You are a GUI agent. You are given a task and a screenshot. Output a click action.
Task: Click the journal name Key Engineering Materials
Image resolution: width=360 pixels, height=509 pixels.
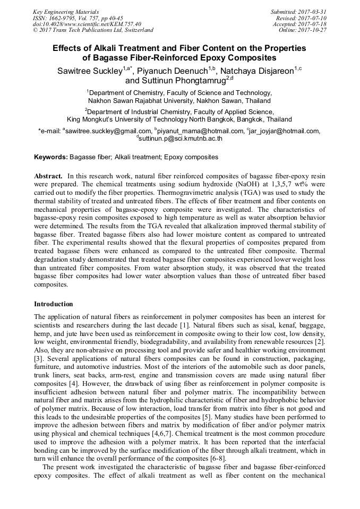[66, 12]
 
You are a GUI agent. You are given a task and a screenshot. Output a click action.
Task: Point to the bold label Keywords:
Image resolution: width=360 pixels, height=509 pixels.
[51, 157]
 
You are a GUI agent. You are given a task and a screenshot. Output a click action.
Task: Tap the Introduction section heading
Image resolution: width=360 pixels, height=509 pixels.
[54, 304]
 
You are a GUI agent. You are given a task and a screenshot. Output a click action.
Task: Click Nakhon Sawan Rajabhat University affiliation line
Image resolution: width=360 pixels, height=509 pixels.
[179, 100]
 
